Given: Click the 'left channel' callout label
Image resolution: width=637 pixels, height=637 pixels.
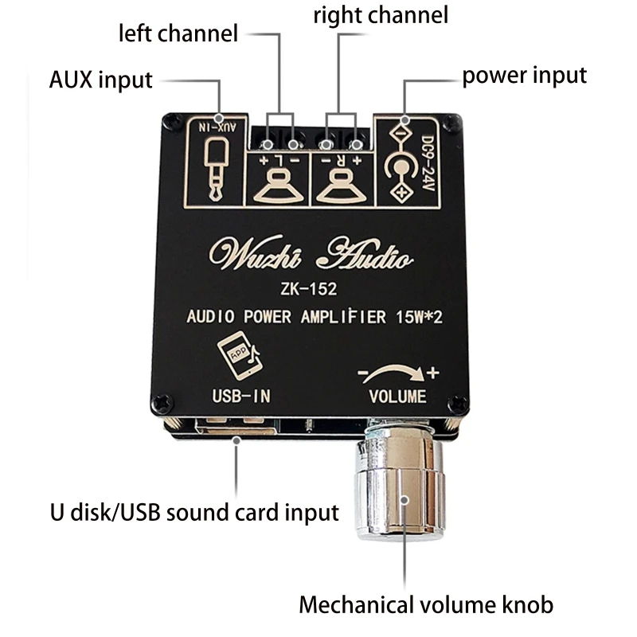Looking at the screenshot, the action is coord(178,33).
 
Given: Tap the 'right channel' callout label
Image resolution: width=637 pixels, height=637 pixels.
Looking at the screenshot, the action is coord(381,15).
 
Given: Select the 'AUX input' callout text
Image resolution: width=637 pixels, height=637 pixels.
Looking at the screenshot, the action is coord(101,80).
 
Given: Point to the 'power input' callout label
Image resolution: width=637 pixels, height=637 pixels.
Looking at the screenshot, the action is coord(525,76).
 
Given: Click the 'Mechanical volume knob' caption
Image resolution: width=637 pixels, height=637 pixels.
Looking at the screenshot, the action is coord(426,605).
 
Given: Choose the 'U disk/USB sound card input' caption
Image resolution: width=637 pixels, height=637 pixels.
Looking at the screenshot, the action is coord(194,513).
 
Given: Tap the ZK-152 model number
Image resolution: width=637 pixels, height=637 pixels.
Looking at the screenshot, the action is coord(309,289).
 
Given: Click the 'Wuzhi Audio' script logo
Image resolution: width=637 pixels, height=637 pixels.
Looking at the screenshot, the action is coord(311,252).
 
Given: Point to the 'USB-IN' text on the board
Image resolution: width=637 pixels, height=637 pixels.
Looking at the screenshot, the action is coord(241,396).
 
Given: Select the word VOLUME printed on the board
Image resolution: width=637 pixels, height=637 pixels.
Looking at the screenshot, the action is coord(397,397).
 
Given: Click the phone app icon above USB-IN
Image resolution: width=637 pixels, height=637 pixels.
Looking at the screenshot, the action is coord(240,355).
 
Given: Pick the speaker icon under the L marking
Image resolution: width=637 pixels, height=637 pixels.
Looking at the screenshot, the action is coord(278,187).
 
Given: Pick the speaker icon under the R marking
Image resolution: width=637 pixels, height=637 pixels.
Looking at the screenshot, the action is coord(342,187).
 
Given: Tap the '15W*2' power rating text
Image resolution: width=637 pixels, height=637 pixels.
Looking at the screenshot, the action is coord(420,317).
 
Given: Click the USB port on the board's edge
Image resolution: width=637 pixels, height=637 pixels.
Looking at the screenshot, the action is coord(236,426).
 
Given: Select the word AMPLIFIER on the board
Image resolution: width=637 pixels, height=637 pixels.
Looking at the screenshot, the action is coord(343,317).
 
